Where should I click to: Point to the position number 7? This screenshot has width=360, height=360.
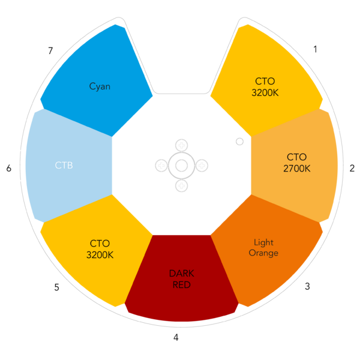pyautogui.click(x=50, y=50)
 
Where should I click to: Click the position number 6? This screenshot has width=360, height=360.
pyautogui.click(x=9, y=168)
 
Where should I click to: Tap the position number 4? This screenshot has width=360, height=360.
pyautogui.click(x=176, y=337)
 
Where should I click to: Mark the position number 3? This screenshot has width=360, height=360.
pyautogui.click(x=307, y=286)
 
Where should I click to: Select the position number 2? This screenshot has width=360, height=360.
pyautogui.click(x=352, y=168)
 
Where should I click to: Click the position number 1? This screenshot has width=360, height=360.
pyautogui.click(x=316, y=49)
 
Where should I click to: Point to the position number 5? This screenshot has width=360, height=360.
pyautogui.click(x=57, y=287)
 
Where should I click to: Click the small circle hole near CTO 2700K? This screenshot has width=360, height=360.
pyautogui.click(x=239, y=142)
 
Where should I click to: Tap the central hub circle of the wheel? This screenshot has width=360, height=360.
pyautogui.click(x=182, y=166)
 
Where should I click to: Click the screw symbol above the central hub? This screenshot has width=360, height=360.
pyautogui.click(x=182, y=145)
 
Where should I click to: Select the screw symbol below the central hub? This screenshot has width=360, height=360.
pyautogui.click(x=182, y=186)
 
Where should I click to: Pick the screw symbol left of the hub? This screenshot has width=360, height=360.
pyautogui.click(x=161, y=166)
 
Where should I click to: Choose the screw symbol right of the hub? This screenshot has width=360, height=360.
pyautogui.click(x=202, y=166)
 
